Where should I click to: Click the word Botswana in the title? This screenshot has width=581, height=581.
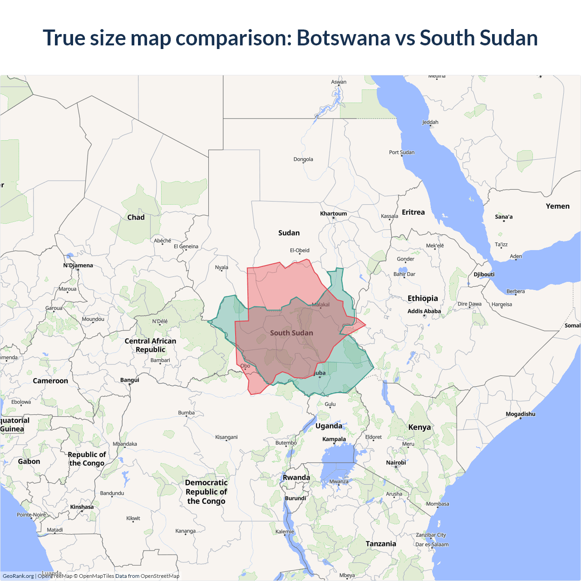pyautogui.click(x=343, y=38)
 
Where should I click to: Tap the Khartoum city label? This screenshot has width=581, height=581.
pyautogui.click(x=333, y=213)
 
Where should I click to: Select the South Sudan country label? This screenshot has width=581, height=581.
pyautogui.click(x=291, y=333)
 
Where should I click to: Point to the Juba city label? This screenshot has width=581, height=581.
pyautogui.click(x=320, y=373)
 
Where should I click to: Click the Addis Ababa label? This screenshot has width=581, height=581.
pyautogui.click(x=424, y=311)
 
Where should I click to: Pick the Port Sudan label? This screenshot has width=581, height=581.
pyautogui.click(x=401, y=153)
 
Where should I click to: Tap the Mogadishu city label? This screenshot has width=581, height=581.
pyautogui.click(x=520, y=414)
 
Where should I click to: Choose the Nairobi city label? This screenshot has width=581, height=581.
pyautogui.click(x=396, y=463)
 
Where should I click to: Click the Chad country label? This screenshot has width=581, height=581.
pyautogui.click(x=136, y=217)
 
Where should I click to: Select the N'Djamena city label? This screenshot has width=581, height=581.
pyautogui.click(x=78, y=266)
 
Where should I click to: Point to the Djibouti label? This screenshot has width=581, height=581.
pyautogui.click(x=484, y=275)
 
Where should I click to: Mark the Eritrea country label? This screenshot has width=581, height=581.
pyautogui.click(x=413, y=212)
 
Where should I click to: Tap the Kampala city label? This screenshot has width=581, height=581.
pyautogui.click(x=334, y=439)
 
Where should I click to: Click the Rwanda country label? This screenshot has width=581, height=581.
pyautogui.click(x=296, y=478)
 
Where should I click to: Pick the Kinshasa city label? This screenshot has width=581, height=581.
pyautogui.click(x=82, y=507)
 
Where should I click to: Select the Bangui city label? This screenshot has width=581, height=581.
pyautogui.click(x=130, y=380)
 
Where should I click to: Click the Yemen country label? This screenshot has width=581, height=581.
pyautogui.click(x=557, y=206)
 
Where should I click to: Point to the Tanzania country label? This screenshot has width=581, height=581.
pyautogui.click(x=381, y=544)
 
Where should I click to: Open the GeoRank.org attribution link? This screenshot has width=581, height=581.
pyautogui.click(x=18, y=576)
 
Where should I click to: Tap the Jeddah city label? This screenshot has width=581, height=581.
pyautogui.click(x=430, y=122)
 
